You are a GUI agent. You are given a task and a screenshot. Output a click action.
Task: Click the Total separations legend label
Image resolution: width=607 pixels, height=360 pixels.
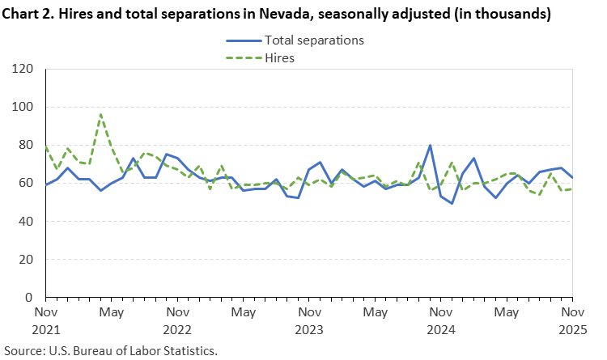coord(314,40)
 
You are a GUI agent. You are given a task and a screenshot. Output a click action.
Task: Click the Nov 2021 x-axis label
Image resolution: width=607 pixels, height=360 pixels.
coord(45,320)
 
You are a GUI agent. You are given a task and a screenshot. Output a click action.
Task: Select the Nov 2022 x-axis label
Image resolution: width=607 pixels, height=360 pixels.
coord(177,320)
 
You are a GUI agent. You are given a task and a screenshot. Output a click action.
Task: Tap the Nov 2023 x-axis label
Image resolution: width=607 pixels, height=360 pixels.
coord(308,320)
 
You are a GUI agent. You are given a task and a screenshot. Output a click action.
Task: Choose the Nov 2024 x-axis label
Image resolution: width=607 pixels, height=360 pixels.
coord(440,320)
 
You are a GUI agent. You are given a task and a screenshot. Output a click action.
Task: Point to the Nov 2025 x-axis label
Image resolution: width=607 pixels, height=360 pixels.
coord(572,320)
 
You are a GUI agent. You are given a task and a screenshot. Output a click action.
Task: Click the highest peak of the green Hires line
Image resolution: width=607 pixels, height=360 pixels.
coord(100,115)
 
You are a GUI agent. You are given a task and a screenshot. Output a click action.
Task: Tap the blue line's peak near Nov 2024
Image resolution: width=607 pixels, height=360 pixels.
coord(430,146)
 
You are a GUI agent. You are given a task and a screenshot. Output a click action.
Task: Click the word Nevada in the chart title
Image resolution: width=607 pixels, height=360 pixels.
coord(285,14)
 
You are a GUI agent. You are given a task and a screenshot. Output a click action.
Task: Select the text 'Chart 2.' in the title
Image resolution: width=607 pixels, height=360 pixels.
coord(29,14)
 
